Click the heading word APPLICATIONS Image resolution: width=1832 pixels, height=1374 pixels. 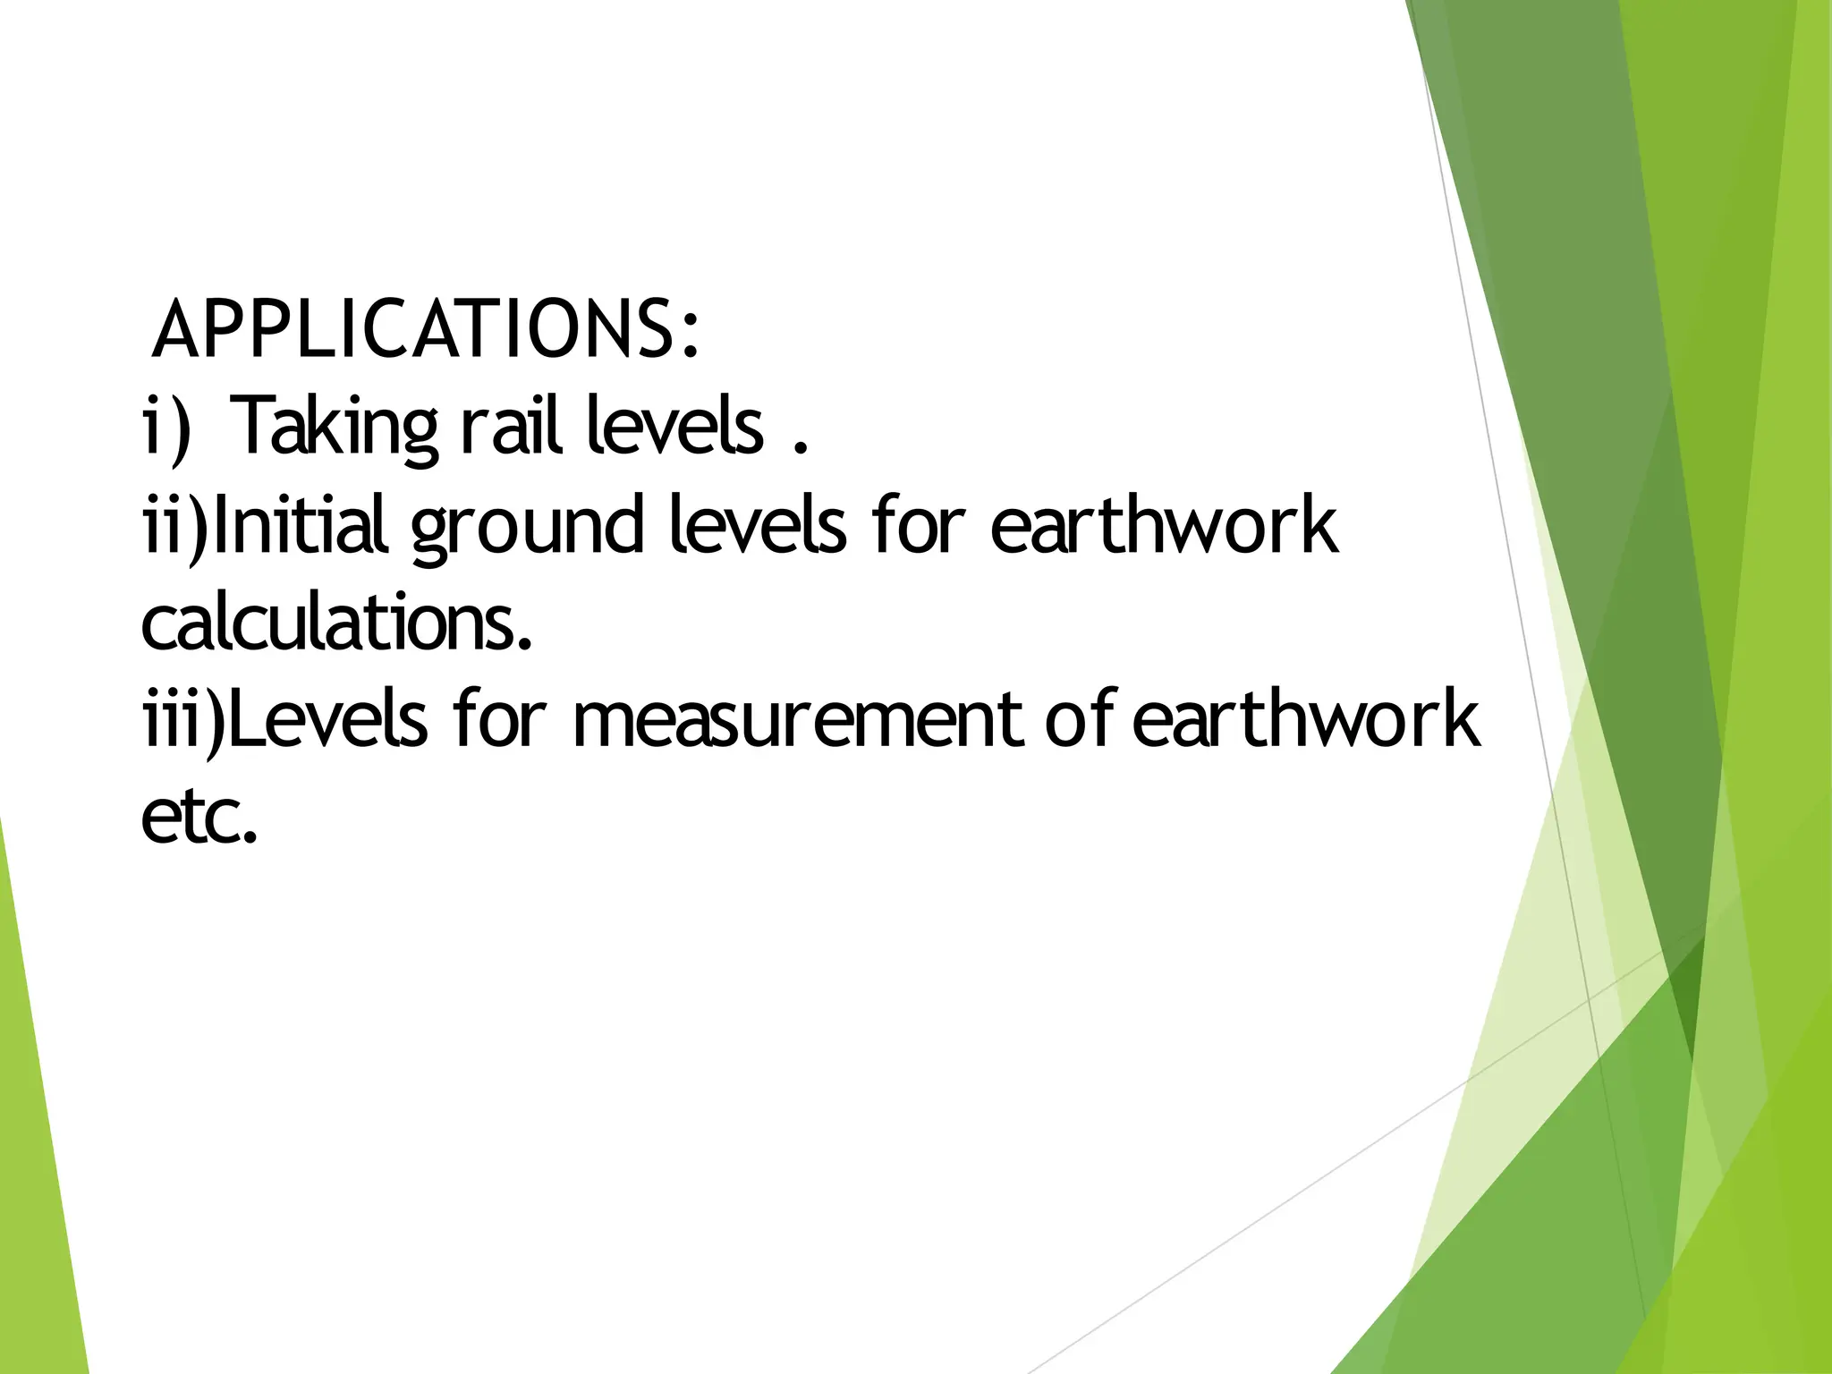pyautogui.click(x=415, y=330)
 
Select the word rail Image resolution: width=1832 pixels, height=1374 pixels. pyautogui.click(x=511, y=428)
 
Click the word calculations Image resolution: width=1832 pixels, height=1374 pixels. pyautogui.click(x=336, y=624)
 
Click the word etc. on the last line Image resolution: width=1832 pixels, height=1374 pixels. pyautogui.click(x=199, y=818)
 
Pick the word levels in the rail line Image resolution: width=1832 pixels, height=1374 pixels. pyautogui.click(x=675, y=428)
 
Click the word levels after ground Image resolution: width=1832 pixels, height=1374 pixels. pyautogui.click(x=756, y=526)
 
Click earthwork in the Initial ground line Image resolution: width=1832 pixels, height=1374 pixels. pyautogui.click(x=1164, y=526)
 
